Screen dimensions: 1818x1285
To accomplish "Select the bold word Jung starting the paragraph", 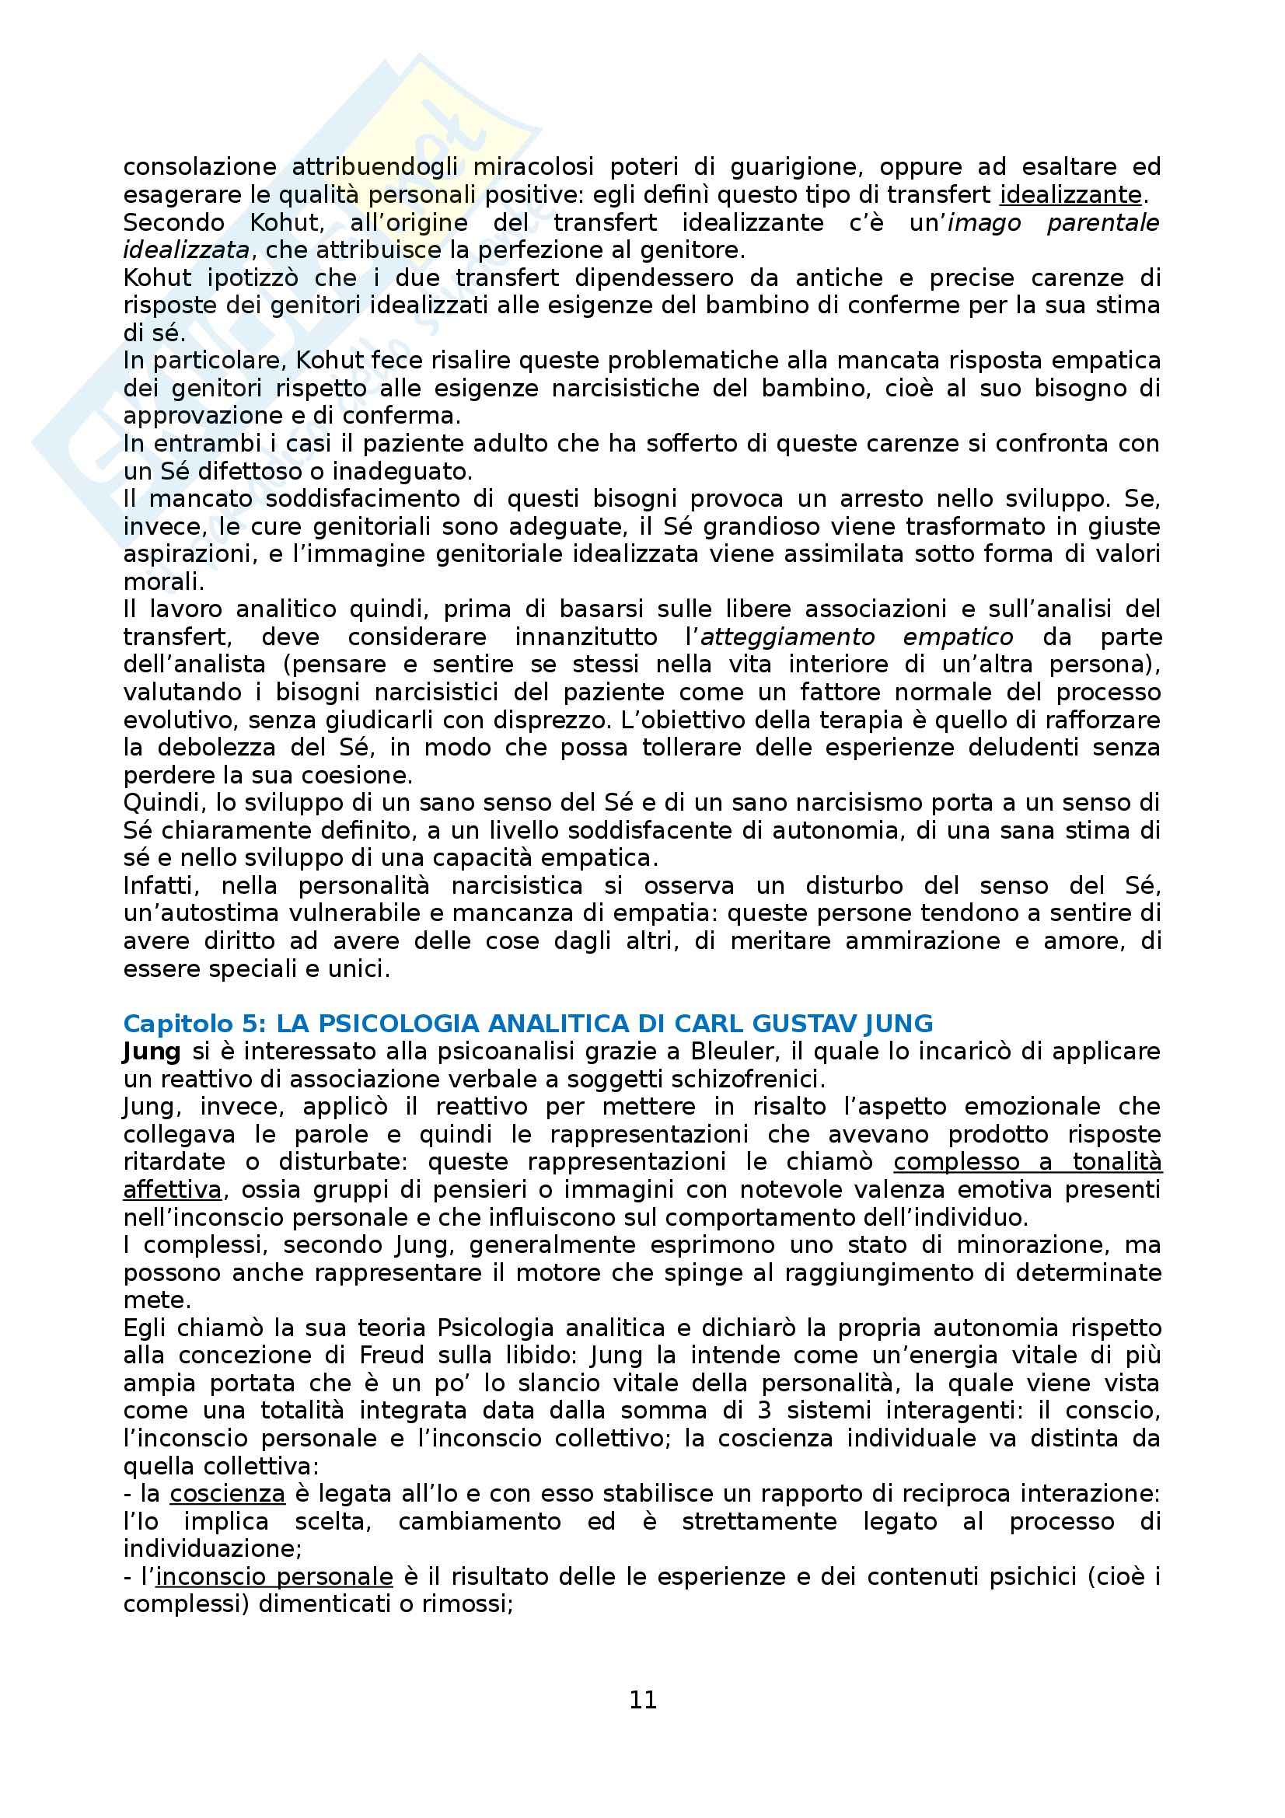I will point(152,1052).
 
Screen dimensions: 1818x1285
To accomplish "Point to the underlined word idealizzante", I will point(1071,195).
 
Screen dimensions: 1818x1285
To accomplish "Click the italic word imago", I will point(984,222).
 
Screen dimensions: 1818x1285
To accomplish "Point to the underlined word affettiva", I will point(172,1190).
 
